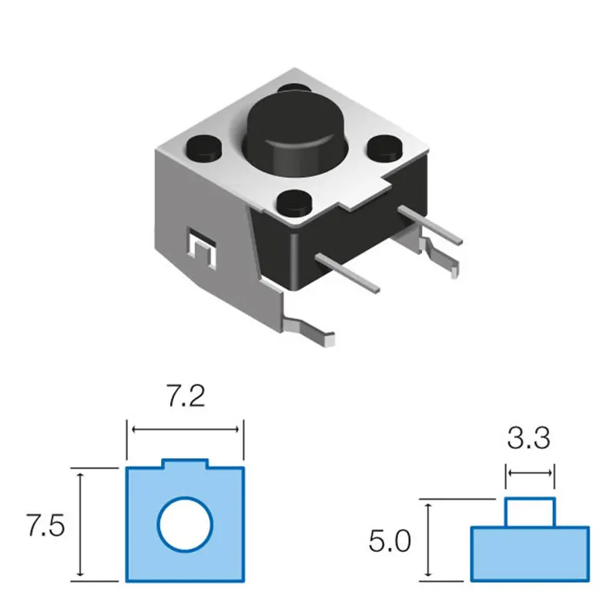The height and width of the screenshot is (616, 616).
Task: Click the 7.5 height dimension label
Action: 45,526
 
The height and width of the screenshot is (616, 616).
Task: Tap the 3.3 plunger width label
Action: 529,438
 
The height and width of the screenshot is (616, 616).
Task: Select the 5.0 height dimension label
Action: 390,541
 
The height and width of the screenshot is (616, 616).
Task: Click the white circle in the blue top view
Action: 185,524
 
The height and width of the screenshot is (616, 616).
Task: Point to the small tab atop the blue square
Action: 185,464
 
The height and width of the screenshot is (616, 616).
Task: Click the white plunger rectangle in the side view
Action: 531,512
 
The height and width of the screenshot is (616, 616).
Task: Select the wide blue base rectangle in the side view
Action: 531,554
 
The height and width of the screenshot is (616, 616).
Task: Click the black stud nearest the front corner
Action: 293,201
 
